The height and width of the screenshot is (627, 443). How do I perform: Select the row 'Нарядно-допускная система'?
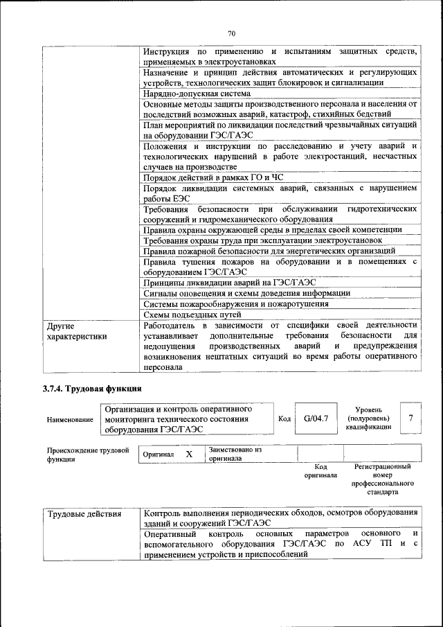click(x=197, y=93)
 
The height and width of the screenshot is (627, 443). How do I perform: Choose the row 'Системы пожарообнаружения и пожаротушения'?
click(x=235, y=303)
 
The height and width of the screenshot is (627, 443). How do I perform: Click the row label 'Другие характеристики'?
click(x=76, y=330)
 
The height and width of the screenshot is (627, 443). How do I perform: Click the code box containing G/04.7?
click(x=316, y=418)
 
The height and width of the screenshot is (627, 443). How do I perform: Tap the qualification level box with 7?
click(x=411, y=418)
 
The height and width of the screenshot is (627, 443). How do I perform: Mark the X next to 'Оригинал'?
click(x=188, y=454)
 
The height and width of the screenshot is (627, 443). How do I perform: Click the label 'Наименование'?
click(x=70, y=420)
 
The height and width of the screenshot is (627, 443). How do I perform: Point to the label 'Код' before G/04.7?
click(x=284, y=418)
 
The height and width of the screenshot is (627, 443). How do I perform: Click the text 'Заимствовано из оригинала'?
click(x=235, y=454)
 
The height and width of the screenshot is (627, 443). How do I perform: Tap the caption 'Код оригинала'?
click(x=320, y=471)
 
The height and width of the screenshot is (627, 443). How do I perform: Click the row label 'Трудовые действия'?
click(x=84, y=514)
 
